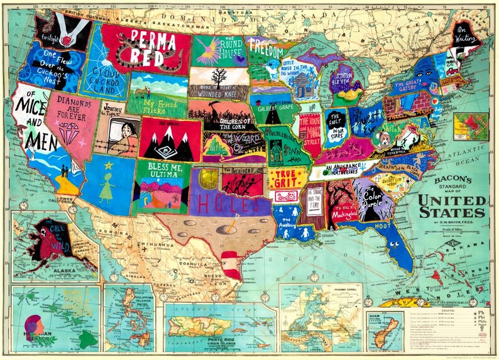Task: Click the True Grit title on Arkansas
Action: click(287, 177)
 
